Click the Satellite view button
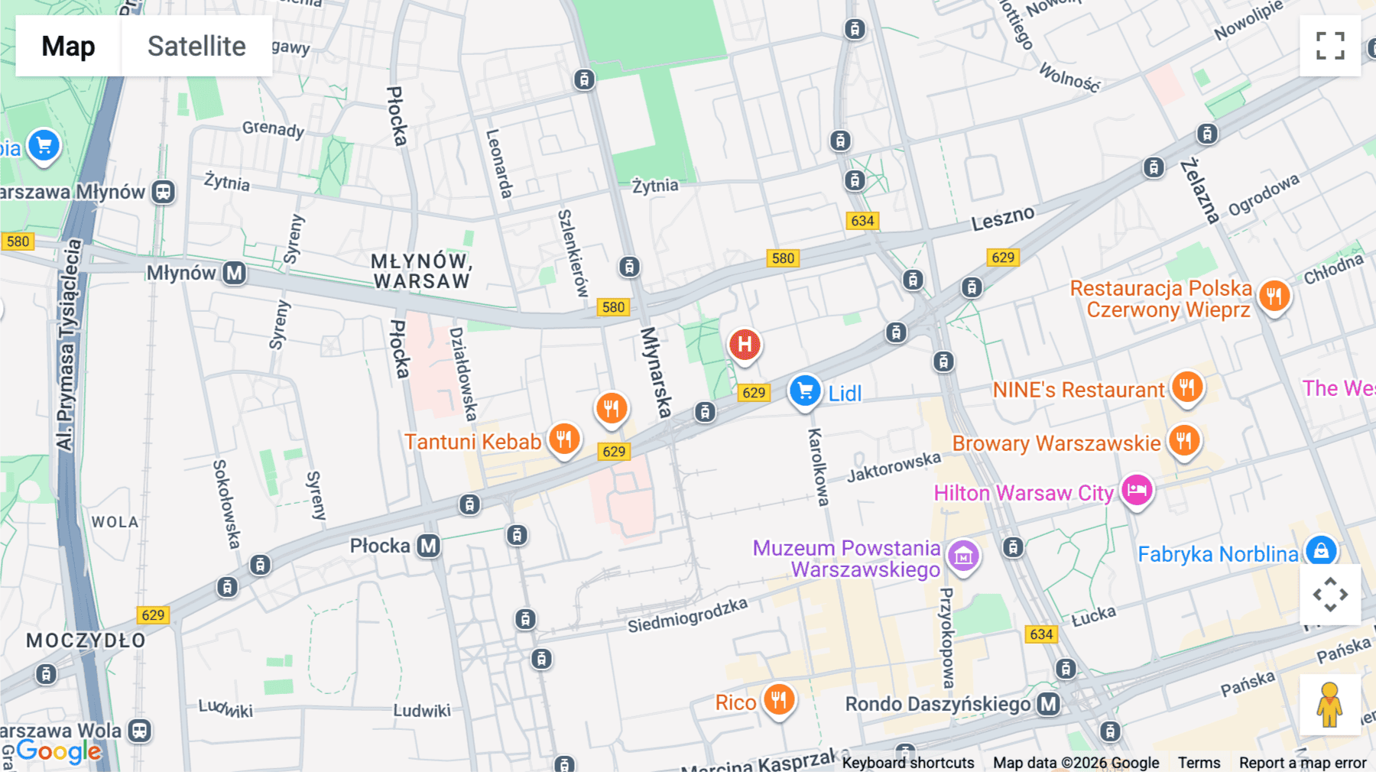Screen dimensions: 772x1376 tap(196, 46)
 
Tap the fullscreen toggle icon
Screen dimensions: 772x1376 tap(1329, 46)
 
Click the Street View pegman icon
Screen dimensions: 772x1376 tap(1329, 704)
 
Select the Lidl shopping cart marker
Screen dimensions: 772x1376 tap(804, 391)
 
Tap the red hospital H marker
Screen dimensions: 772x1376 tap(744, 345)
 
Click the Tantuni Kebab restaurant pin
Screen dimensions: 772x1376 tap(564, 440)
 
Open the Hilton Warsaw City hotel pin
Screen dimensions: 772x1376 tap(1136, 490)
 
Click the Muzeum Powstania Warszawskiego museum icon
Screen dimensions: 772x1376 tap(962, 556)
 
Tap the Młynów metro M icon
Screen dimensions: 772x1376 tap(235, 273)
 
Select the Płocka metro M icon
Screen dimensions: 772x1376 tap(428, 546)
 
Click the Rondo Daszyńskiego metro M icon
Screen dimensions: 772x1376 tap(1048, 704)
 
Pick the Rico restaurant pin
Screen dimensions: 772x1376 tap(778, 699)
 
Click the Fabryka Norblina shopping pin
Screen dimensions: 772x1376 tap(1320, 550)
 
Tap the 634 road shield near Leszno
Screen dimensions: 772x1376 tap(862, 221)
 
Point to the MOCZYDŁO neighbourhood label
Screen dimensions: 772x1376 tap(86, 641)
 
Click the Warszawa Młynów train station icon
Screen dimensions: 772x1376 tap(163, 192)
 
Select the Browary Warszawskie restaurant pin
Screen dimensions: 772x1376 tap(1183, 441)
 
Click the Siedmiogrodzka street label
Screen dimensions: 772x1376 tap(687, 615)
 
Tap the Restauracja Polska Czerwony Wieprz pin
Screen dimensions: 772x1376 tap(1274, 296)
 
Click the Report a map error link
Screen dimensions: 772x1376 tap(1302, 762)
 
